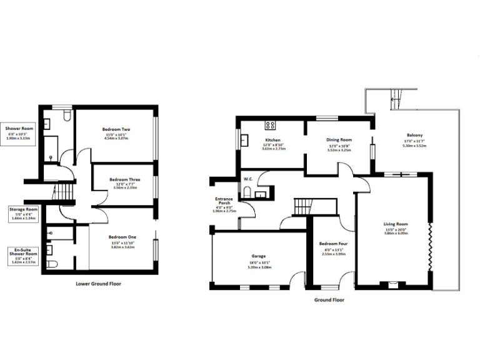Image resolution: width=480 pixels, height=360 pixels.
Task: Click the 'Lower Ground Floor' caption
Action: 98,283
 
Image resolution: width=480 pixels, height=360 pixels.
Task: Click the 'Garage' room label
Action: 259,256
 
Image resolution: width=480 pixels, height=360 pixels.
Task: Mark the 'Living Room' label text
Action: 395,223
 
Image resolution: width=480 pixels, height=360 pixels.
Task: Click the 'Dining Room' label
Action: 339,140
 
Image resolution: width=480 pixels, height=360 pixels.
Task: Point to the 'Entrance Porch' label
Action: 222,202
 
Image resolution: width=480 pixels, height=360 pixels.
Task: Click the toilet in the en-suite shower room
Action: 52,263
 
